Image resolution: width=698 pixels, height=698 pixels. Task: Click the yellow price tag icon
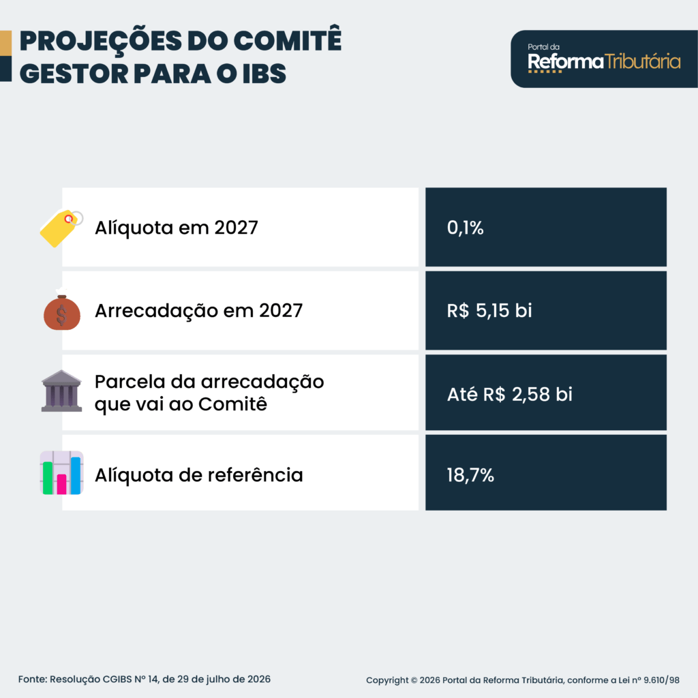pyautogui.click(x=61, y=228)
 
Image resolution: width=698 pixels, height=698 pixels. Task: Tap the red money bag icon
pyautogui.click(x=62, y=310)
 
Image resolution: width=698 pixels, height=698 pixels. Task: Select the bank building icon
pyautogui.click(x=61, y=391)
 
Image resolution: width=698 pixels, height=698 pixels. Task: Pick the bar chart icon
pyautogui.click(x=61, y=473)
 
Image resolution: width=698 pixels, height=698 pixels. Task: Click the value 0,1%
pyautogui.click(x=465, y=228)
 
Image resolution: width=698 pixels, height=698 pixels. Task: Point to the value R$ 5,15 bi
pyautogui.click(x=489, y=310)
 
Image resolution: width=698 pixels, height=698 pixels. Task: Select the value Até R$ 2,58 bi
pyautogui.click(x=510, y=394)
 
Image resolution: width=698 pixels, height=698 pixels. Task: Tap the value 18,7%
pyautogui.click(x=470, y=475)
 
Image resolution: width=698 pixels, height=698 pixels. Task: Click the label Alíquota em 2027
pyautogui.click(x=177, y=228)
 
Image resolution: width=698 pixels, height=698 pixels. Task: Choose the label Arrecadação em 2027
pyautogui.click(x=198, y=311)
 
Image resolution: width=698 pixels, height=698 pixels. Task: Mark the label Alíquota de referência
pyautogui.click(x=198, y=474)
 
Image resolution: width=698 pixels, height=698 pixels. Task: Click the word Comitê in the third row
pyautogui.click(x=232, y=404)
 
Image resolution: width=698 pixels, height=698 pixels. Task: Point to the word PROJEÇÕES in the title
pyautogui.click(x=101, y=41)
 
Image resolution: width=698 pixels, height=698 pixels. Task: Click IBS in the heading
pyautogui.click(x=264, y=74)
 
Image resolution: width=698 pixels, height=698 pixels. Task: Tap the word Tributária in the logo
pyautogui.click(x=643, y=61)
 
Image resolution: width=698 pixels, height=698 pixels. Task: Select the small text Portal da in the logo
pyautogui.click(x=543, y=47)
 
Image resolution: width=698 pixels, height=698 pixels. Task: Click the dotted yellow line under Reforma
pyautogui.click(x=545, y=71)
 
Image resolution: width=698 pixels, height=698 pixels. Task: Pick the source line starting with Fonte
pyautogui.click(x=145, y=680)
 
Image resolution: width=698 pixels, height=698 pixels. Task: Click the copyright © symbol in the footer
pyautogui.click(x=414, y=680)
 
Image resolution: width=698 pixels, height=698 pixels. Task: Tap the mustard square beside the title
pyautogui.click(x=5, y=43)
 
